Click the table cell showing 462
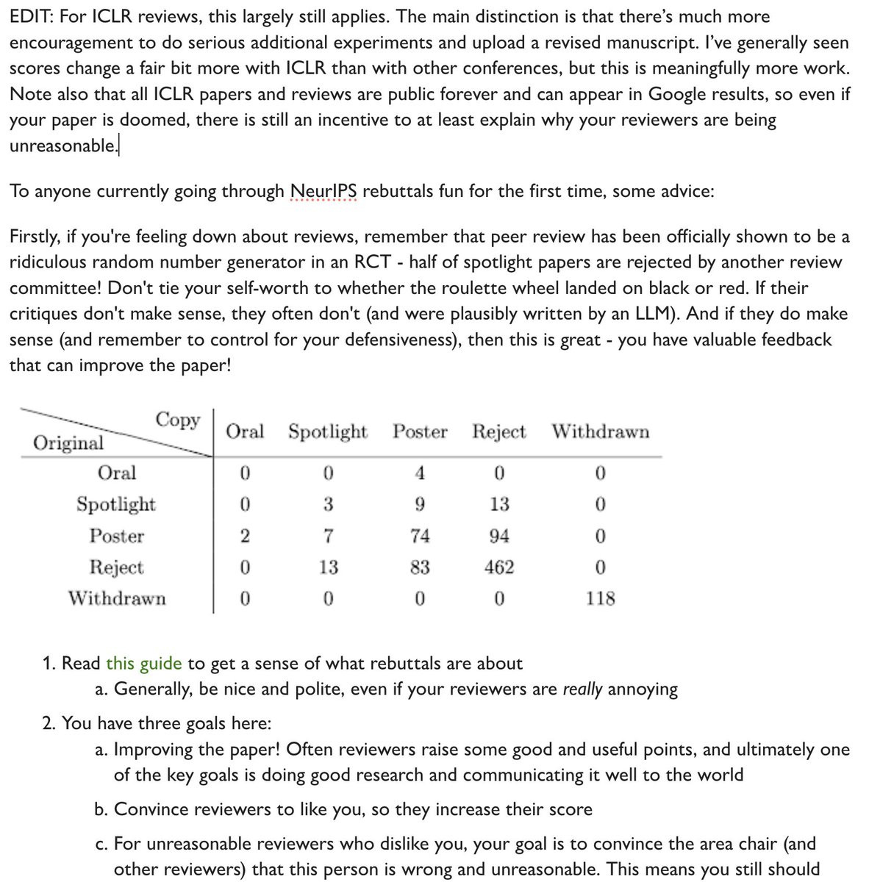coord(499,567)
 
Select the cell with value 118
coord(600,598)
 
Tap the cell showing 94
coord(499,536)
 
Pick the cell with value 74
coord(420,536)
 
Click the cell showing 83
coord(420,567)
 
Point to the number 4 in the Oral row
coord(420,473)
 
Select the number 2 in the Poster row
coord(245,536)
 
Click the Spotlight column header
coord(327,431)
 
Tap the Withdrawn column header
coord(601,431)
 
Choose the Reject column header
coord(499,431)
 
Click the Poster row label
coord(117,536)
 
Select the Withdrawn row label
coord(117,598)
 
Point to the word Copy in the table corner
coord(178,420)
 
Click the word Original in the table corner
coord(69,442)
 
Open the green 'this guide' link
coord(143,664)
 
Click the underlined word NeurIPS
coord(323,191)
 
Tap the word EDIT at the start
coord(29,16)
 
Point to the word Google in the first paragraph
coord(644,94)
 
